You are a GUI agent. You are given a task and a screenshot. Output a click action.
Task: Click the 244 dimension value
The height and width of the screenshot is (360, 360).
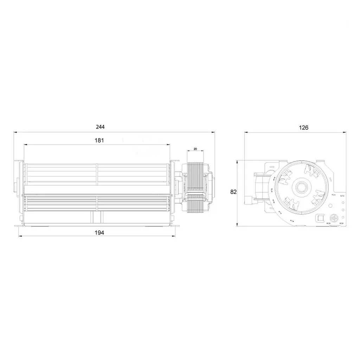point(100,127)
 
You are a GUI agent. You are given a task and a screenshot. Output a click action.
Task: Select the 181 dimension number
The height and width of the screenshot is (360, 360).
point(99,140)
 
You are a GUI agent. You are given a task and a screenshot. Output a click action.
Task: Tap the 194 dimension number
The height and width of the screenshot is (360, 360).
point(99,233)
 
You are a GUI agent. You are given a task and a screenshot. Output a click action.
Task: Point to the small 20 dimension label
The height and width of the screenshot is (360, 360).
point(195,149)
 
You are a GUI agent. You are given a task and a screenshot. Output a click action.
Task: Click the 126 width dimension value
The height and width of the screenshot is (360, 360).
point(303,128)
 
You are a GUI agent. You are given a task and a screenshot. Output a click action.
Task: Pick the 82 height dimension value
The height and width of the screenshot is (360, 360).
point(233,192)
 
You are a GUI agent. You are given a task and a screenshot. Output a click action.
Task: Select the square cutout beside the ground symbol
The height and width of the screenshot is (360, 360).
point(320,218)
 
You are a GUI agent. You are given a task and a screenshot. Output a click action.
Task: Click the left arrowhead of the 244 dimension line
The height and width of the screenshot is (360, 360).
point(15,132)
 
